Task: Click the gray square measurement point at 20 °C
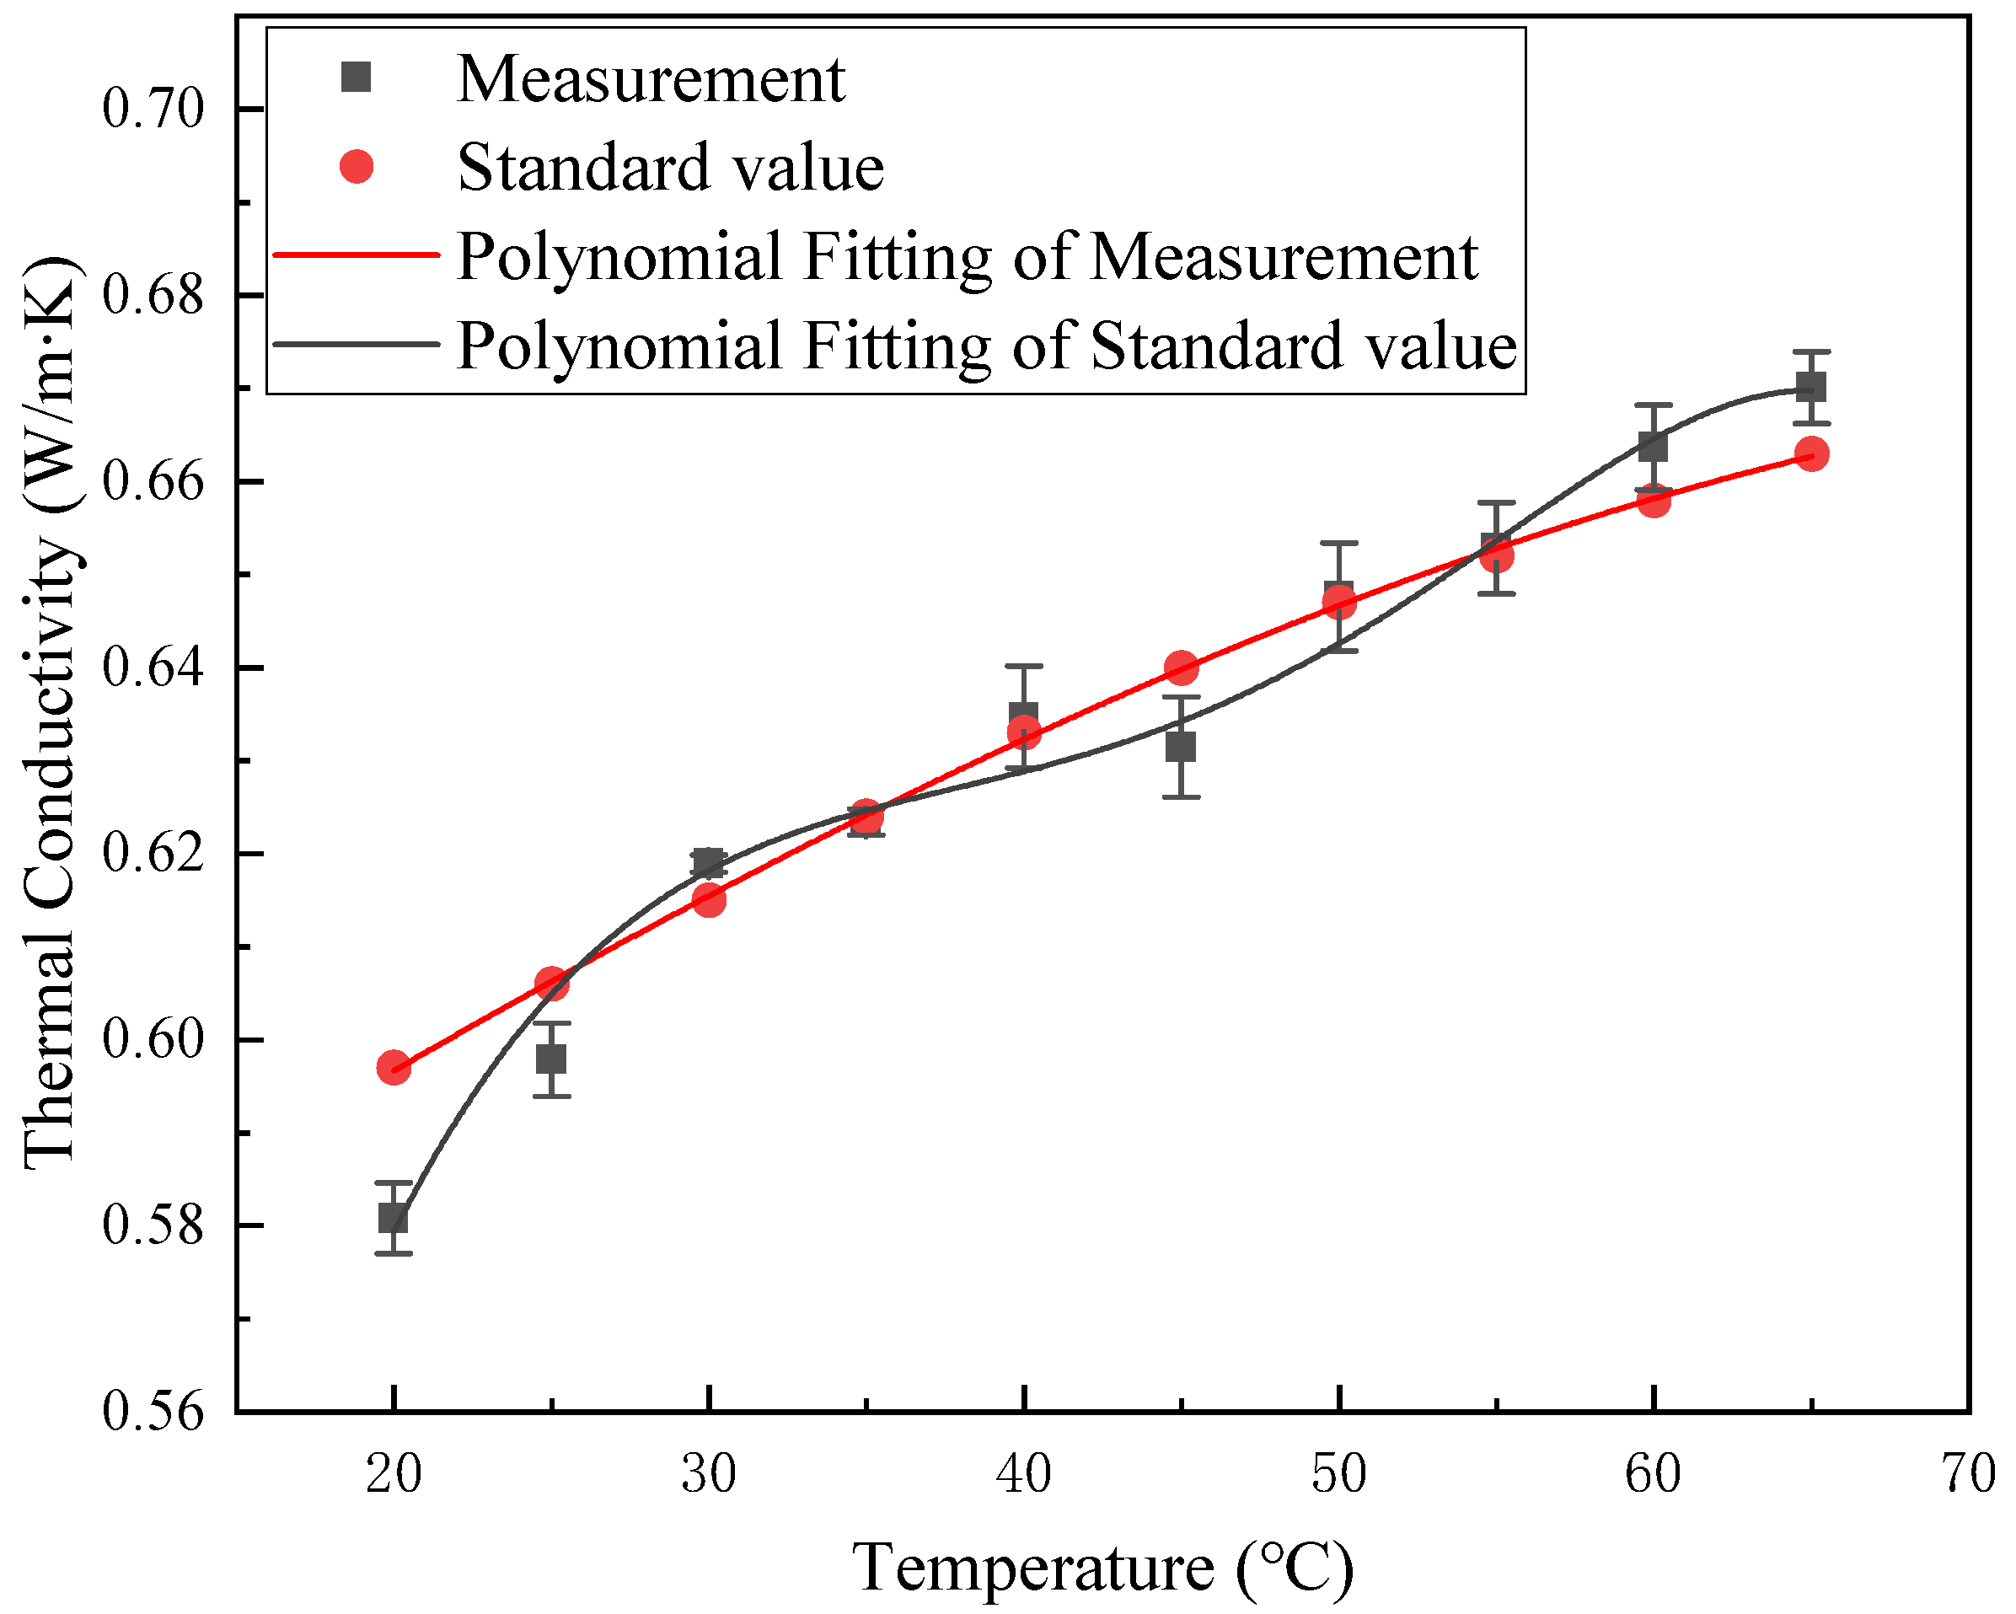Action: click(x=394, y=1219)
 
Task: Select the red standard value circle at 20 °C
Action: click(x=394, y=1068)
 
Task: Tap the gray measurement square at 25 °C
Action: click(x=552, y=1059)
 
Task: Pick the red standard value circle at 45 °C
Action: click(x=1182, y=668)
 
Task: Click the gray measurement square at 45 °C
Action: click(x=1181, y=747)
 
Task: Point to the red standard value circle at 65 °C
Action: click(x=1812, y=454)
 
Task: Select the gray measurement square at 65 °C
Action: click(x=1811, y=386)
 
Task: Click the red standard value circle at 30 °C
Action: click(x=709, y=899)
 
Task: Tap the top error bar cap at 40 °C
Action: click(x=1024, y=666)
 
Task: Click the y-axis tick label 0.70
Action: click(x=153, y=110)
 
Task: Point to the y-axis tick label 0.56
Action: click(x=153, y=1411)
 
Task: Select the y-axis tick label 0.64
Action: click(x=153, y=668)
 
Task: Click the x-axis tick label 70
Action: click(x=1968, y=1474)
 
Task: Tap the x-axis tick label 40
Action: click(x=1024, y=1474)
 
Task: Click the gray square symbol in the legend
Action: click(x=357, y=78)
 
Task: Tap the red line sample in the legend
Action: click(x=357, y=255)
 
